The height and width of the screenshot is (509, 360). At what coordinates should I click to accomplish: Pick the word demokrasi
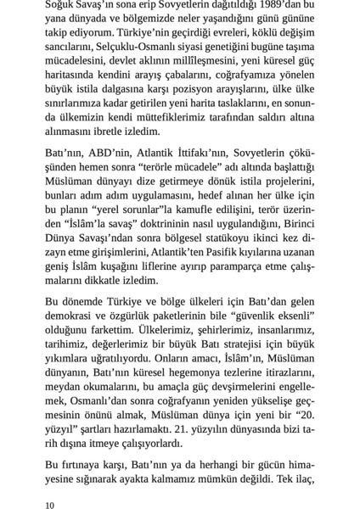pyautogui.click(x=74, y=324)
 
